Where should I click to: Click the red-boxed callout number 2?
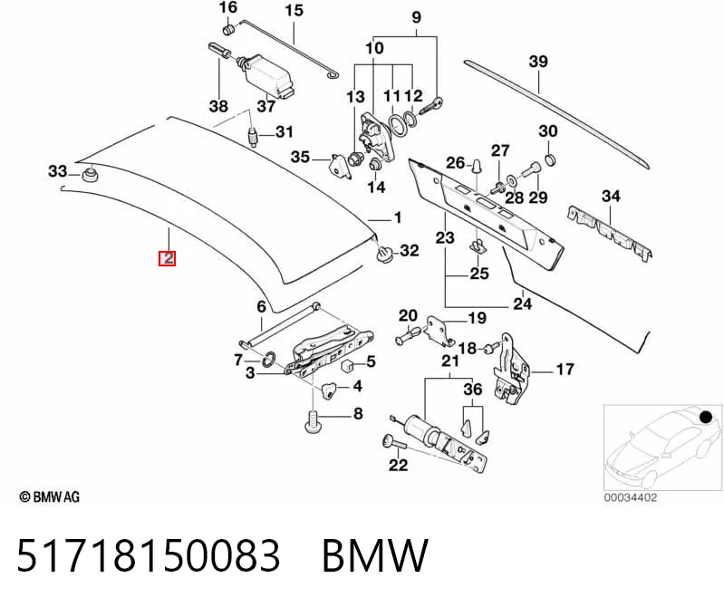pyautogui.click(x=167, y=258)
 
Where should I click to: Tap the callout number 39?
pyautogui.click(x=538, y=62)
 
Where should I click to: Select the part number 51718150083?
pyautogui.click(x=149, y=555)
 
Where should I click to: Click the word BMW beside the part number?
pyautogui.click(x=375, y=555)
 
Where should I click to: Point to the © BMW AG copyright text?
pyautogui.click(x=50, y=497)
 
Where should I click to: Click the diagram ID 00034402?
pyautogui.click(x=631, y=497)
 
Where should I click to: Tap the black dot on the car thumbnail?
pyautogui.click(x=706, y=418)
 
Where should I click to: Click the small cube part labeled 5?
pyautogui.click(x=347, y=366)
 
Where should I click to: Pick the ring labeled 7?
pyautogui.click(x=268, y=359)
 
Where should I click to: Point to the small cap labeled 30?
pyautogui.click(x=550, y=160)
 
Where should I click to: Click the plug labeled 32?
pyautogui.click(x=384, y=254)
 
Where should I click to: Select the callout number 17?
pyautogui.click(x=565, y=370)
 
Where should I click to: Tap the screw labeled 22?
pyautogui.click(x=393, y=443)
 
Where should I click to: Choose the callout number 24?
pyautogui.click(x=522, y=303)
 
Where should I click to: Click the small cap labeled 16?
pyautogui.click(x=228, y=30)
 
